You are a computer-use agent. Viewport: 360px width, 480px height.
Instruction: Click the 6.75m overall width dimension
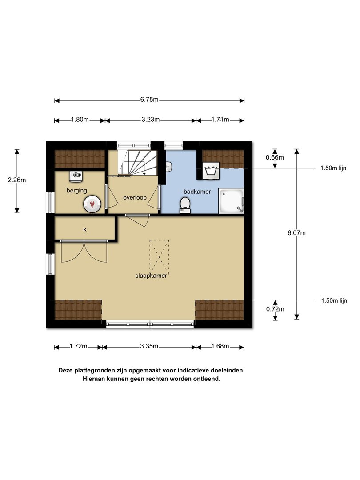click(x=149, y=100)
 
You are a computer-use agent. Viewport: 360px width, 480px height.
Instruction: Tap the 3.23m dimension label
click(x=150, y=120)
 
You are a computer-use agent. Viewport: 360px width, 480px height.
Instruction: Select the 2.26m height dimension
click(x=17, y=180)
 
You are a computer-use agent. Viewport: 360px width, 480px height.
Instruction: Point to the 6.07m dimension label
click(x=296, y=233)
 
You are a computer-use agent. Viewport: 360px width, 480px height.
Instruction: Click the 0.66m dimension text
click(x=275, y=158)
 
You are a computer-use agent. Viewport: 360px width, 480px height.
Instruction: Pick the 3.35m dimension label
click(x=149, y=347)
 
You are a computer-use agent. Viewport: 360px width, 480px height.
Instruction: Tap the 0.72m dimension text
click(x=275, y=309)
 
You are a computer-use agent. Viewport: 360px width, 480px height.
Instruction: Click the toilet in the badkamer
click(x=184, y=205)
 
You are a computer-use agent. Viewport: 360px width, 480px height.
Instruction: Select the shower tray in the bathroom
click(x=231, y=201)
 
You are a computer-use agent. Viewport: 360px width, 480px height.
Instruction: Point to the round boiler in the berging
click(x=92, y=204)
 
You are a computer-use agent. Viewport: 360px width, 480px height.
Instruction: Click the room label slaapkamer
click(x=151, y=276)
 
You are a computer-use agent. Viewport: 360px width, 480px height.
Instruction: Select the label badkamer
click(x=197, y=192)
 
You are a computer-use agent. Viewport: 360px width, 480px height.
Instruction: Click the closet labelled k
click(x=85, y=228)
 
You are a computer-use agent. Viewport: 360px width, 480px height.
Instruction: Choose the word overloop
click(x=135, y=198)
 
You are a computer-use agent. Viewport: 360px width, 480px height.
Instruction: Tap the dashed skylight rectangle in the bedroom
click(x=159, y=257)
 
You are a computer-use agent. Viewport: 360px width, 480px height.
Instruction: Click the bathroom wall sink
click(x=168, y=167)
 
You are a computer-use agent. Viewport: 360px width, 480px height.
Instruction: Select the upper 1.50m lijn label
click(x=333, y=168)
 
